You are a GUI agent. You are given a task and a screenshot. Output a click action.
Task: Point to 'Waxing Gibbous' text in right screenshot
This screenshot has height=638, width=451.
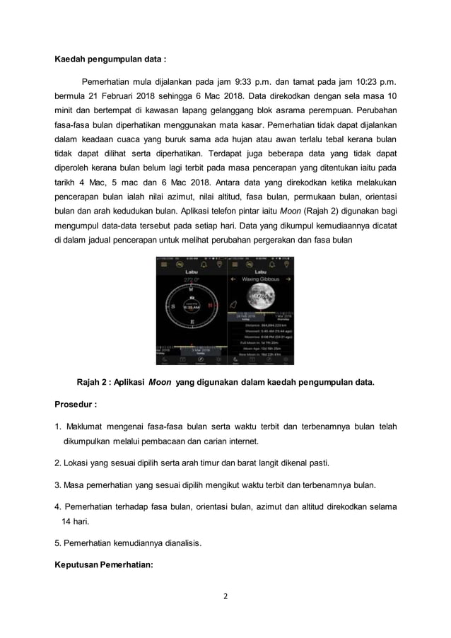pos(262,279)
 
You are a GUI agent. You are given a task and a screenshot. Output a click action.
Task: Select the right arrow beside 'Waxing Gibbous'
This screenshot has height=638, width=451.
pos(290,279)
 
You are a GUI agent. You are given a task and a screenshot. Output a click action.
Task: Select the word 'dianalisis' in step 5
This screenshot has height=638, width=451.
pos(181,543)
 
